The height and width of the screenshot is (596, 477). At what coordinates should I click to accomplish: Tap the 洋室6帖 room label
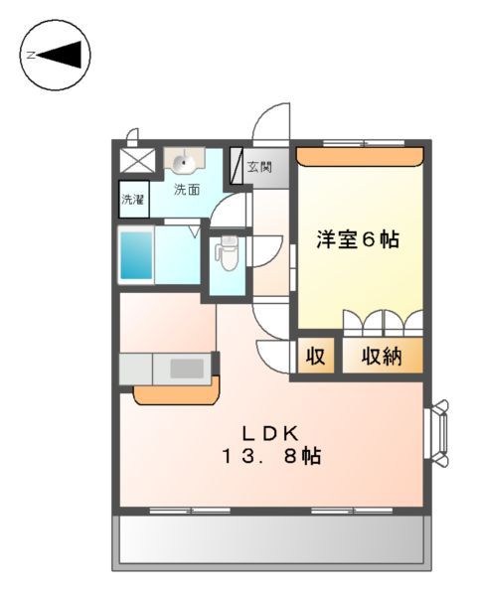pyautogui.click(x=358, y=239)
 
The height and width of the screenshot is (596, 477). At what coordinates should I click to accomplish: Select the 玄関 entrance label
pyautogui.click(x=260, y=167)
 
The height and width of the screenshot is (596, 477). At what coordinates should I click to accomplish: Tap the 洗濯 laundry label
pyautogui.click(x=133, y=199)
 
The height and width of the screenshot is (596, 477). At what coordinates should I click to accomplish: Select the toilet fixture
pyautogui.click(x=226, y=254)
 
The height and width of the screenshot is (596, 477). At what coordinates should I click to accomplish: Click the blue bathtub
pyautogui.click(x=135, y=255)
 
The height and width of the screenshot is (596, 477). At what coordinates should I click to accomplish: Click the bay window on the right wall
pyautogui.click(x=438, y=432)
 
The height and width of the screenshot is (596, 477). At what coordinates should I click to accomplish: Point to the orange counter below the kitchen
pyautogui.click(x=175, y=394)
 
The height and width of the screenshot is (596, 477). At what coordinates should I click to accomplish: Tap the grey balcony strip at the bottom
pyautogui.click(x=271, y=539)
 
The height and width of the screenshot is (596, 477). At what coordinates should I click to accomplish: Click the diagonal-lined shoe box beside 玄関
pyautogui.click(x=237, y=167)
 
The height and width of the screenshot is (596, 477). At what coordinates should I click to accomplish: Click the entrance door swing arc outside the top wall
pyautogui.click(x=270, y=124)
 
